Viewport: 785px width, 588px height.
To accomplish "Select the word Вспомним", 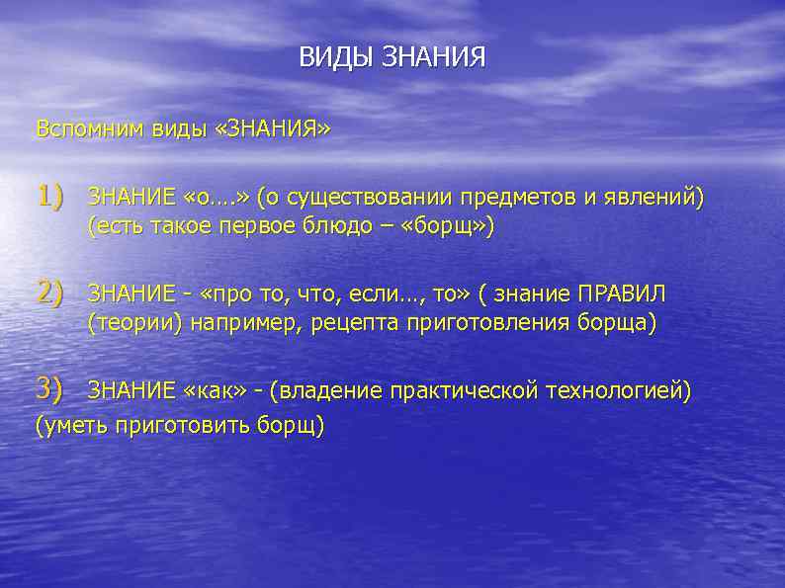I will [90, 129].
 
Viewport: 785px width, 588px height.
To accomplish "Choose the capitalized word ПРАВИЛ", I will [623, 294].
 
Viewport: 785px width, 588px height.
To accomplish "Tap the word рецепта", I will [352, 323].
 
